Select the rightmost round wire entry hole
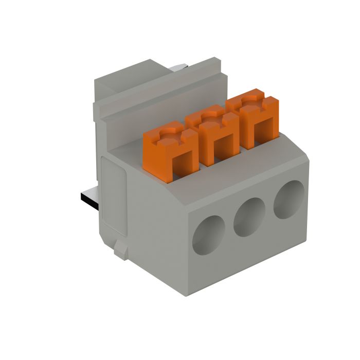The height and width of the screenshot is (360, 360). [289, 200]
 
